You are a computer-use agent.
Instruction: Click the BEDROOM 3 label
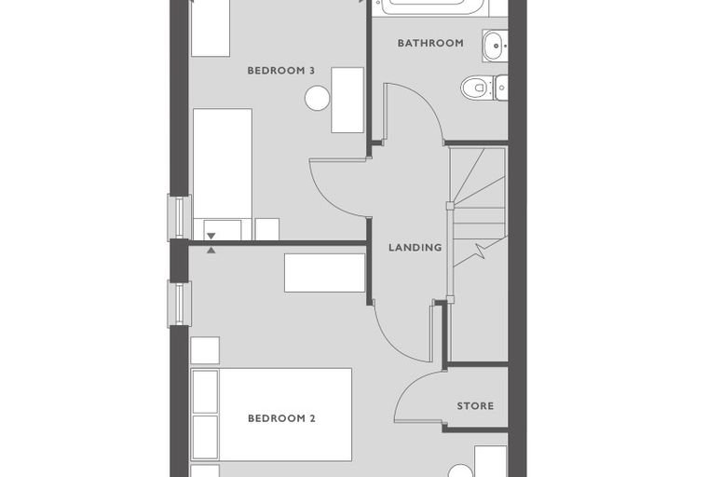point(280,71)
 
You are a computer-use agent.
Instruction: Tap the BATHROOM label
point(430,43)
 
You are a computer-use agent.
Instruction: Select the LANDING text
point(415,248)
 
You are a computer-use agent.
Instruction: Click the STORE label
point(475,406)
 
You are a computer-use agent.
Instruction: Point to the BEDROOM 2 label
point(281,418)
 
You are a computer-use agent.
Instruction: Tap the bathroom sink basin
point(495,46)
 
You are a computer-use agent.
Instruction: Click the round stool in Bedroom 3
point(317,98)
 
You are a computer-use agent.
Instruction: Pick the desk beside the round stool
point(347,101)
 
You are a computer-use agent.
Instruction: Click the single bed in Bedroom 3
point(223,174)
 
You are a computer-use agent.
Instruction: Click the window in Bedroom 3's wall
point(179,217)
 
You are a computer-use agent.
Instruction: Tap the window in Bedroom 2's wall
point(179,304)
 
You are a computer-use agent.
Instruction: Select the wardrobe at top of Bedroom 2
point(324,272)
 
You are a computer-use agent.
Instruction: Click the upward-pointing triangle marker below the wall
point(211,251)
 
